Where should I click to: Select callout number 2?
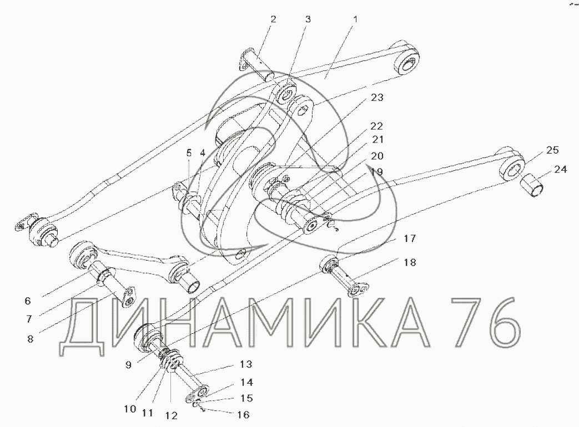(x=273, y=19)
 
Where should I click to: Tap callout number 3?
(x=306, y=19)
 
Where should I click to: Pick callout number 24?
(x=561, y=170)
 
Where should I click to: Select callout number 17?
(x=409, y=239)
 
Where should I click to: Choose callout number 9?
(x=129, y=365)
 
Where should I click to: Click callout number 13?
(x=246, y=364)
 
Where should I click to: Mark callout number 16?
(x=243, y=414)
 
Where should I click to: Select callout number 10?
(x=129, y=410)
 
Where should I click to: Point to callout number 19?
(x=376, y=172)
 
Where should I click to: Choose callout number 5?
(x=189, y=151)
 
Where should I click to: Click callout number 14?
(x=246, y=382)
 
